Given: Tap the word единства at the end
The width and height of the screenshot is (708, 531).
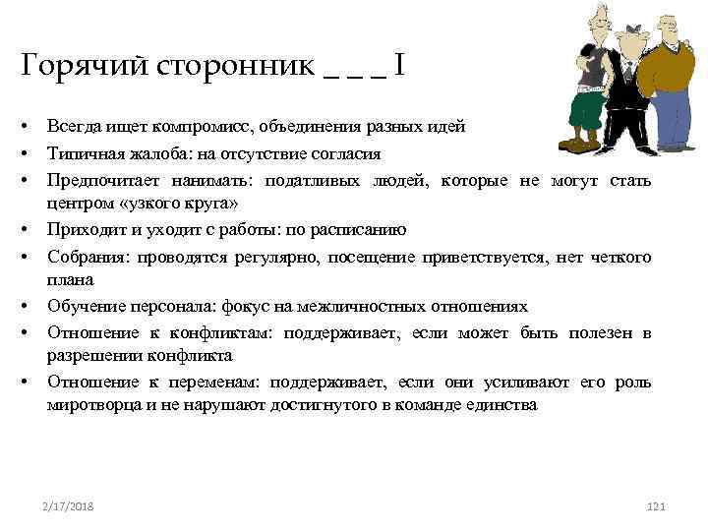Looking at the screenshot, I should pyautogui.click(x=504, y=403).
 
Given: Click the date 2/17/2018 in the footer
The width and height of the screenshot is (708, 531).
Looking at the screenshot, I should pyautogui.click(x=68, y=505).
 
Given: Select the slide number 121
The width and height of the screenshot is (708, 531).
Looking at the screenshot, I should pyautogui.click(x=657, y=505).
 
